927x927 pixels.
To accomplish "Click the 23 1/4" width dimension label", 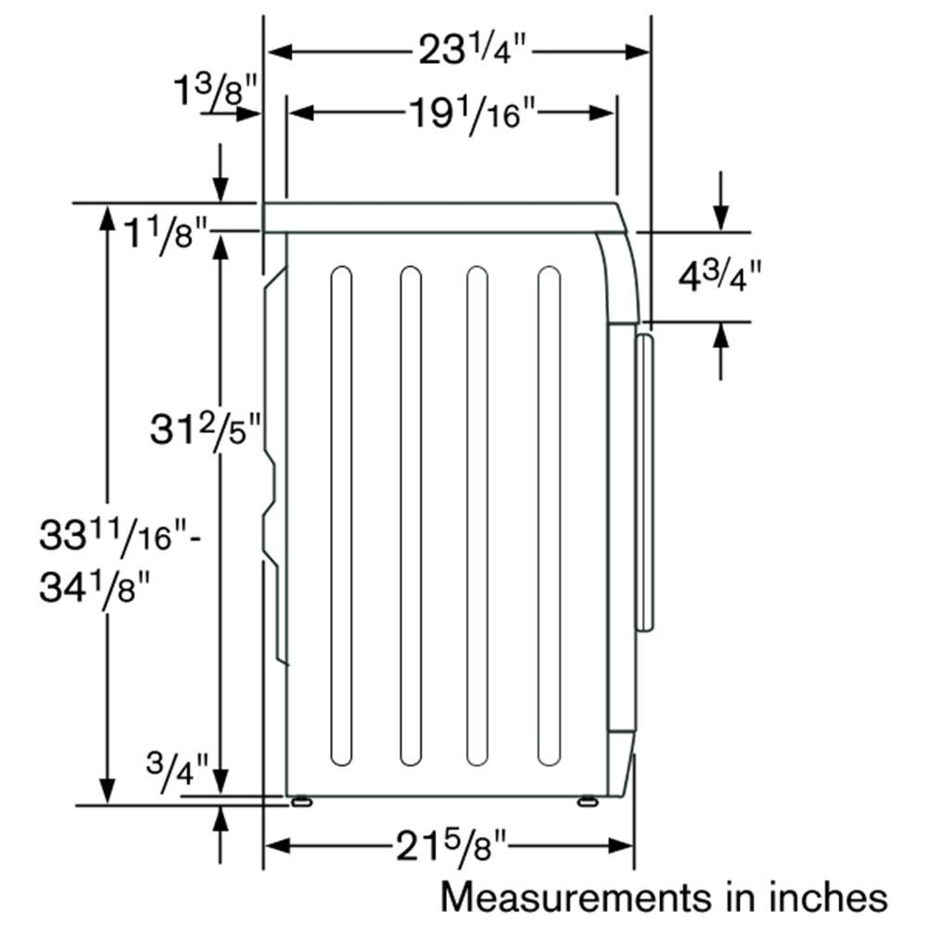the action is coord(472,50).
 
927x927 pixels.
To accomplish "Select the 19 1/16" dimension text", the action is coord(472,113).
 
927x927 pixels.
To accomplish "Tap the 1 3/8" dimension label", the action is coord(215,92).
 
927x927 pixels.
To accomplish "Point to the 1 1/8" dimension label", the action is coord(166,235).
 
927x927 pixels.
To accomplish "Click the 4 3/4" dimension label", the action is coord(719,276).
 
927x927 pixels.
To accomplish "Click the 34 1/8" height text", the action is coord(95,587).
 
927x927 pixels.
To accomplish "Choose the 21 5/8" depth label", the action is coord(451,846).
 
